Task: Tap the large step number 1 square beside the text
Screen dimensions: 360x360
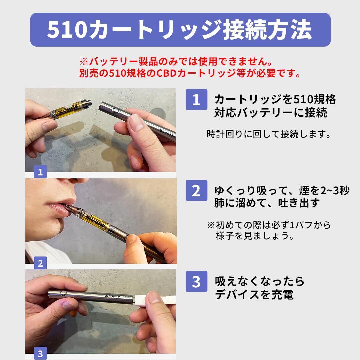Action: [196, 99]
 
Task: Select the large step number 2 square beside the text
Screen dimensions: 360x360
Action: [196, 191]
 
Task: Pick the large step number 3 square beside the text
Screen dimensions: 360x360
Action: [196, 281]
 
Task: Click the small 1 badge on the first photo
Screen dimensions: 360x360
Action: [40, 172]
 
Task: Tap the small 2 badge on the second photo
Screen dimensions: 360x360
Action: [40, 263]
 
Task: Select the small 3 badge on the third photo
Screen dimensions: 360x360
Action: [40, 354]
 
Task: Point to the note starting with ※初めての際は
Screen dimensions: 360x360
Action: [269, 230]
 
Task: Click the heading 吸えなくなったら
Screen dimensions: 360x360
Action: [260, 281]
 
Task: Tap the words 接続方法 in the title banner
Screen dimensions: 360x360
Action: [267, 30]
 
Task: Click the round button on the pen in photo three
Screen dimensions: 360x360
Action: [63, 293]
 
